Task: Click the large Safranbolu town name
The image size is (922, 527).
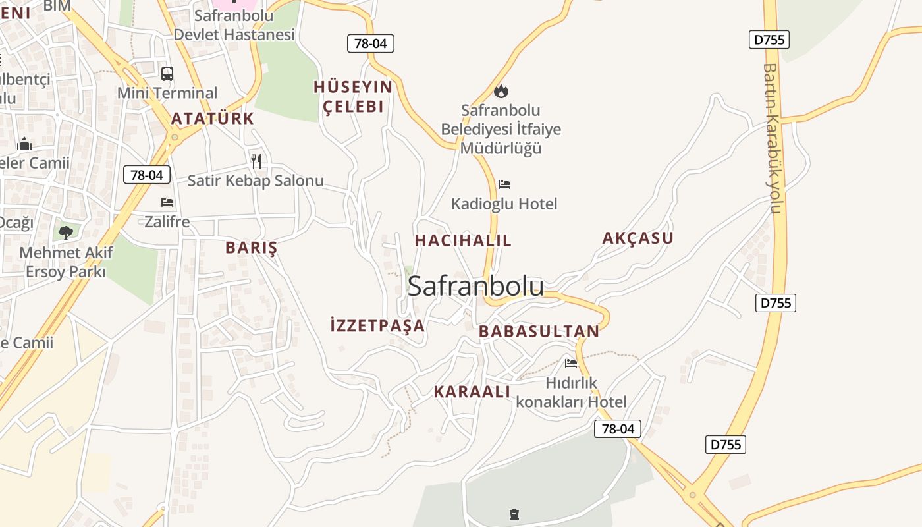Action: pyautogui.click(x=475, y=286)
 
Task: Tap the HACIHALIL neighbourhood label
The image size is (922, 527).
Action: pyautogui.click(x=463, y=240)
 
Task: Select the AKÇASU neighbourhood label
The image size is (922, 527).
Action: pyautogui.click(x=637, y=238)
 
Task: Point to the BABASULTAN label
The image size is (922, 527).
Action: pyautogui.click(x=539, y=331)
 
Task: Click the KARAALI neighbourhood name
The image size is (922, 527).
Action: pyautogui.click(x=472, y=391)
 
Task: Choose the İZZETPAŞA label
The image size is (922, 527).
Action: pyautogui.click(x=377, y=325)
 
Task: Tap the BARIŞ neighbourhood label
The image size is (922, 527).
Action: pyautogui.click(x=251, y=248)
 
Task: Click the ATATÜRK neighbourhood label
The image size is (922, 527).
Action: pyautogui.click(x=212, y=119)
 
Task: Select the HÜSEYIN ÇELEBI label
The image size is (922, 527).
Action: pyautogui.click(x=352, y=97)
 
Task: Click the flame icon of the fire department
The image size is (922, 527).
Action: pyautogui.click(x=501, y=91)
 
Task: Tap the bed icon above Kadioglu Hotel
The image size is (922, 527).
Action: pyautogui.click(x=504, y=184)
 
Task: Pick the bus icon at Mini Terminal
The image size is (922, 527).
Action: pyautogui.click(x=167, y=74)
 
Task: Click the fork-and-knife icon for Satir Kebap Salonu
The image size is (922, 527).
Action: pyautogui.click(x=256, y=161)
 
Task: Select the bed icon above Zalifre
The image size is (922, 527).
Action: pyautogui.click(x=167, y=202)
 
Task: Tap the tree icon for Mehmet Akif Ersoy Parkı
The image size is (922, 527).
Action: pyautogui.click(x=65, y=233)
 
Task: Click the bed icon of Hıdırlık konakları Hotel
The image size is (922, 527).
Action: pyautogui.click(x=571, y=364)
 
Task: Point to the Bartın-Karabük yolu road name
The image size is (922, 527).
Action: pyautogui.click(x=772, y=138)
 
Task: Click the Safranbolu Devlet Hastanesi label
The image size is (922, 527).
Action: pyautogui.click(x=234, y=25)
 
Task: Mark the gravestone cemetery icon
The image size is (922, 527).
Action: pyautogui.click(x=514, y=514)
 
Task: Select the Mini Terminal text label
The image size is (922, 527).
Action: pyautogui.click(x=167, y=93)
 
